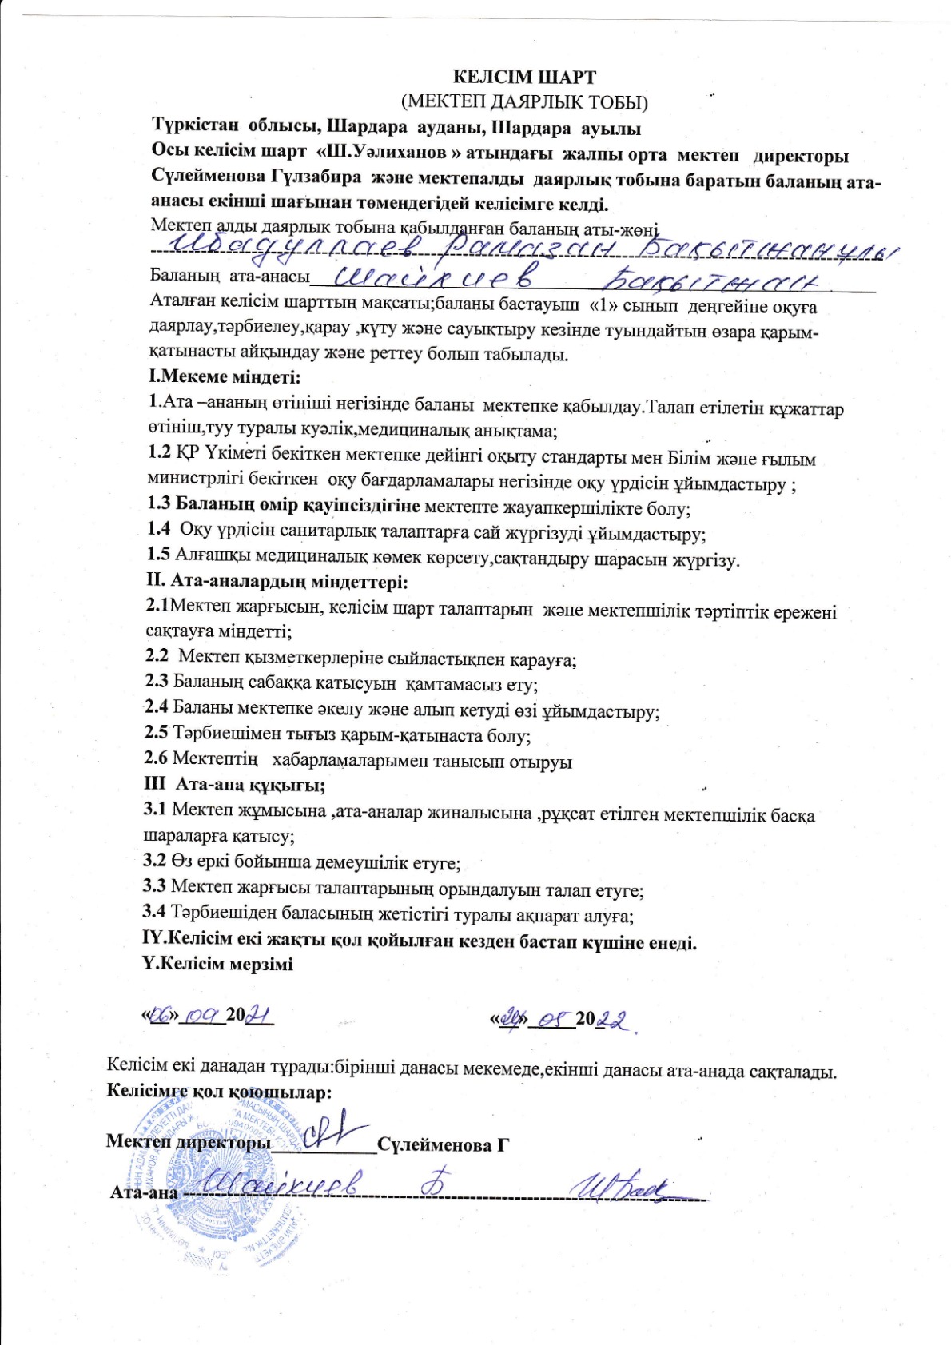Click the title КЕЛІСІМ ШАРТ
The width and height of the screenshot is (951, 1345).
click(524, 78)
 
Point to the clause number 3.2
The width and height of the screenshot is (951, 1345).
click(154, 862)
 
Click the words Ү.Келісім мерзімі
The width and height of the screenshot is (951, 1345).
click(217, 965)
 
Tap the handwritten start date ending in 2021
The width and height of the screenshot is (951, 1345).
click(208, 1016)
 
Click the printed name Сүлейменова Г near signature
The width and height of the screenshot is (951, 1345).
click(443, 1144)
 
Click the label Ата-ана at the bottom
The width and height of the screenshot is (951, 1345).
click(144, 1192)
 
